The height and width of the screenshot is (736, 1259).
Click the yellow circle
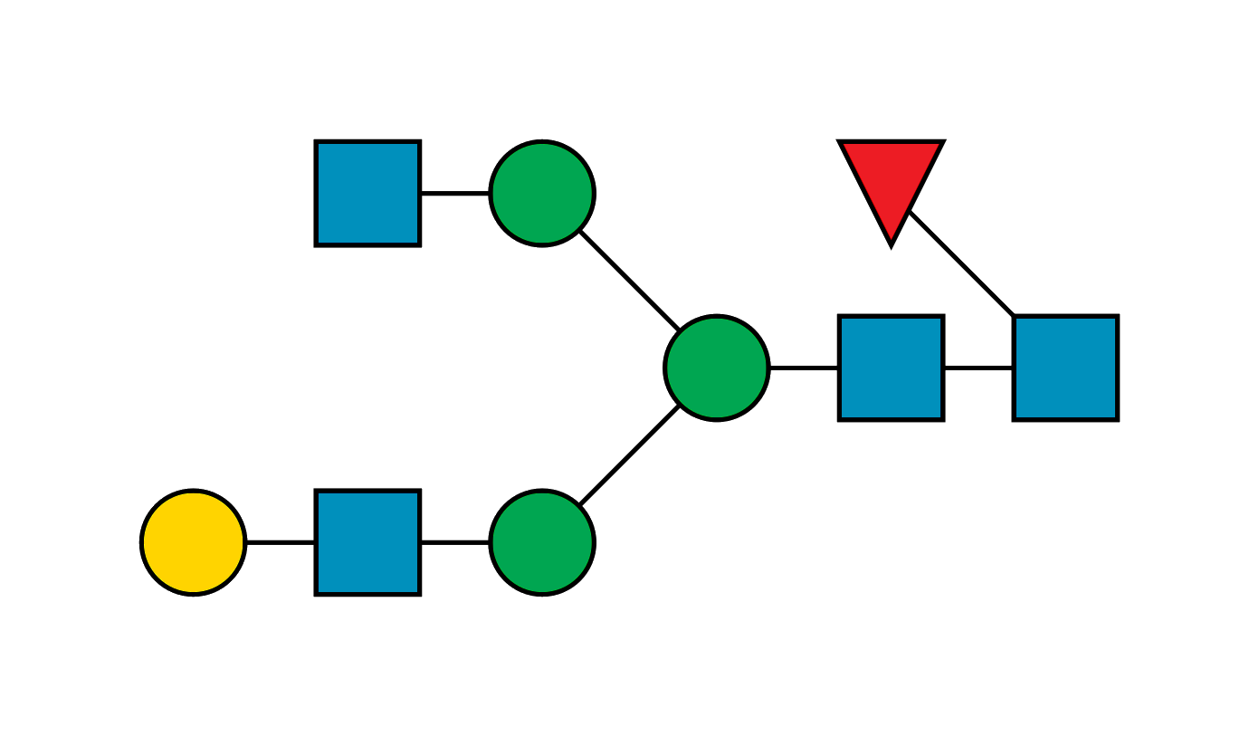click(x=193, y=542)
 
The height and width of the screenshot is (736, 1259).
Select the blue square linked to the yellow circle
click(x=367, y=542)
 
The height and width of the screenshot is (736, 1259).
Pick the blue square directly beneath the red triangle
click(x=891, y=368)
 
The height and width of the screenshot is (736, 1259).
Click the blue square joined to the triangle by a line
click(x=1065, y=368)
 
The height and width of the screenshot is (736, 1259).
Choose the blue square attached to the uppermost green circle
click(x=367, y=193)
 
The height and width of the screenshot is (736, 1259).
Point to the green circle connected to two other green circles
click(x=716, y=368)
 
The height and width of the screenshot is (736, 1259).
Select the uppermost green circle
click(x=542, y=193)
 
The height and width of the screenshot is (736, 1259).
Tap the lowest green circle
click(x=542, y=542)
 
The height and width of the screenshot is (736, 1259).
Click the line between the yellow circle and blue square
click(x=280, y=540)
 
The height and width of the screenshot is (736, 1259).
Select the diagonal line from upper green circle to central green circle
click(x=629, y=280)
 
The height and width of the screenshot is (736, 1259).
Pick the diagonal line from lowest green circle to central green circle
click(x=629, y=455)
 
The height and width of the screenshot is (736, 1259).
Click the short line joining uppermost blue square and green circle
click(x=455, y=195)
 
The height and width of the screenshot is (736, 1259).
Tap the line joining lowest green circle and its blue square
click(x=455, y=540)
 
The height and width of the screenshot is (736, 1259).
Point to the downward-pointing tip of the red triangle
click(x=891, y=243)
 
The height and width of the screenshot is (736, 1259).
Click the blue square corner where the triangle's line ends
click(x=1014, y=316)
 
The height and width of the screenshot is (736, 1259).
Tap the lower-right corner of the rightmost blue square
click(x=1117, y=419)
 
